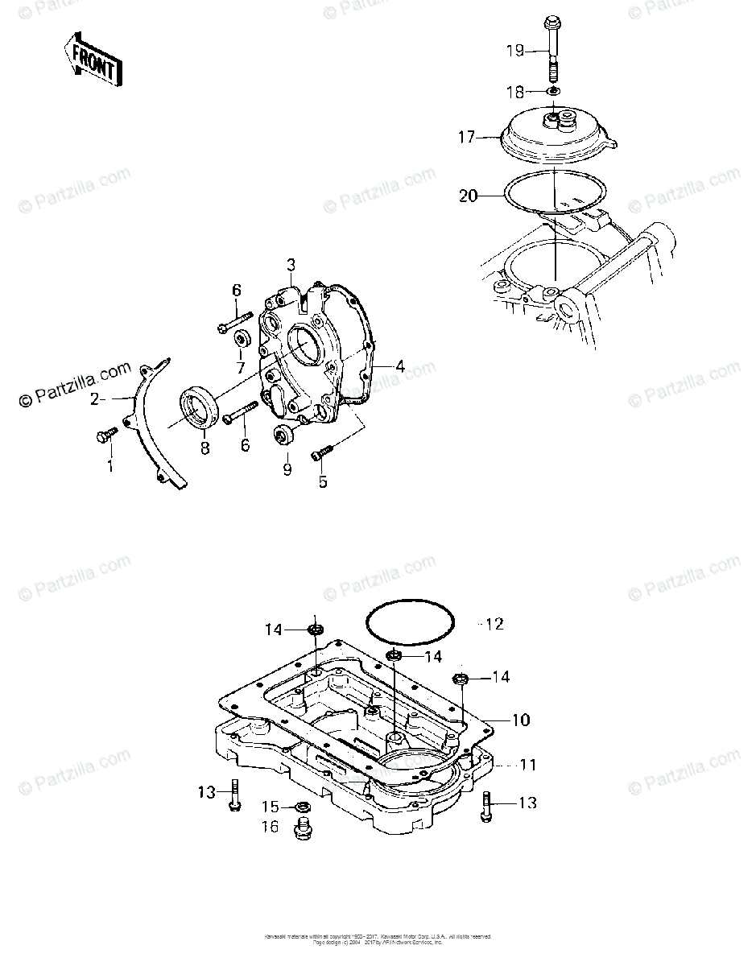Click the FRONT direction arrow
pyautogui.click(x=93, y=59)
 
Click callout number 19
pyautogui.click(x=514, y=51)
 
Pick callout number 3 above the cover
pyautogui.click(x=291, y=265)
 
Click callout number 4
pyautogui.click(x=399, y=366)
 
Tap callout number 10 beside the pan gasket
pyautogui.click(x=521, y=719)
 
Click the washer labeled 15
pyautogui.click(x=305, y=806)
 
